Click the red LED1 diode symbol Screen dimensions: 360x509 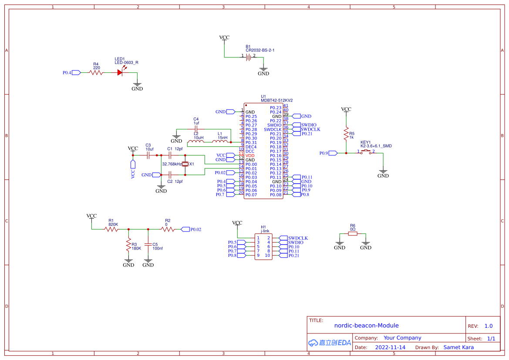pyautogui.click(x=120, y=72)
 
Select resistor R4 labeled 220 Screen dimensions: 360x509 pyautogui.click(x=96, y=73)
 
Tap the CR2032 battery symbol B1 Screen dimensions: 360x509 pyautogui.click(x=249, y=57)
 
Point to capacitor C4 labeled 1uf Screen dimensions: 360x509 pyautogui.click(x=196, y=129)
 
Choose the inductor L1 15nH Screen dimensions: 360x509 pyautogui.click(x=220, y=141)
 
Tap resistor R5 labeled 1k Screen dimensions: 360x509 pyautogui.click(x=346, y=131)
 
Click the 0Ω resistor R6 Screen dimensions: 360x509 pyautogui.click(x=353, y=234)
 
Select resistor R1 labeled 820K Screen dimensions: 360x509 pyautogui.click(x=111, y=229)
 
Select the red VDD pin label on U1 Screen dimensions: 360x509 pyautogui.click(x=250, y=155)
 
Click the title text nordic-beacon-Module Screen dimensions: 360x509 pyautogui.click(x=366, y=325)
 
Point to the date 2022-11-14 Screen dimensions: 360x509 pyautogui.click(x=390, y=347)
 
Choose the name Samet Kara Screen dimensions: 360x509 pyautogui.click(x=458, y=347)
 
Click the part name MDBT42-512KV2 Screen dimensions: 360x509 pyautogui.click(x=276, y=101)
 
